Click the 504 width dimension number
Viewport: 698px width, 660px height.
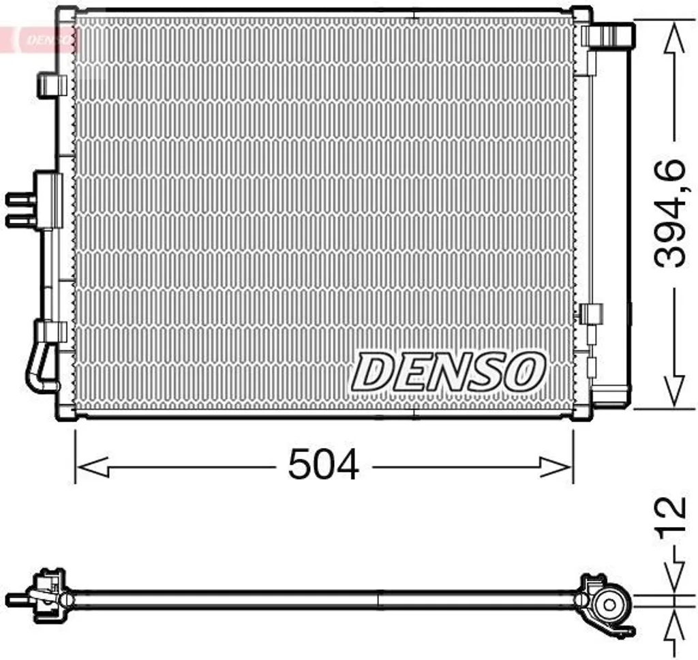pos(323,465)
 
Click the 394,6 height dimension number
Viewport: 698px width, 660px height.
pos(670,213)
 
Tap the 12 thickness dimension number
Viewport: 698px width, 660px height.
pos(671,514)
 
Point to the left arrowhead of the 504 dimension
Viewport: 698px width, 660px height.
pos(92,467)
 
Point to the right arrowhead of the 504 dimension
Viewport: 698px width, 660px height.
pos(556,467)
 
